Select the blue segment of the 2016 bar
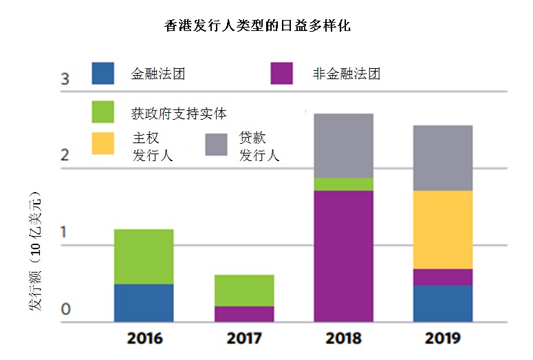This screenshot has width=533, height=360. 144,303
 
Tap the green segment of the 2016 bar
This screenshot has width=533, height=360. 144,257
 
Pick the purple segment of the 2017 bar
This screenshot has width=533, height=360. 244,314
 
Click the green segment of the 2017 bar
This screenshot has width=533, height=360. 244,290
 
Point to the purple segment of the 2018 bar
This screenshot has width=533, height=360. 344,256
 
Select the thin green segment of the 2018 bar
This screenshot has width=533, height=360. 344,184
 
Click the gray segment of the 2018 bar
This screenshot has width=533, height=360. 344,146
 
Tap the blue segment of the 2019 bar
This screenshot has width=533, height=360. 443,304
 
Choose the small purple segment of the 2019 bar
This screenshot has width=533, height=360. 443,277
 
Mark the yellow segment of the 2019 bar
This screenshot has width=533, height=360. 443,230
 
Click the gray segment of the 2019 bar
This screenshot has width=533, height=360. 443,158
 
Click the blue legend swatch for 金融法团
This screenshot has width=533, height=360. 103,74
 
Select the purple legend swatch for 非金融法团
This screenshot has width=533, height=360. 282,74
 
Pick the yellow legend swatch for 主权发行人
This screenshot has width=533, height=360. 103,144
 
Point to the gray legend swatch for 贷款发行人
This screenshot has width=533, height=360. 217,144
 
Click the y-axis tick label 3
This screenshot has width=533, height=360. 65,79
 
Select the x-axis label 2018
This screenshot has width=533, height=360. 344,338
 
